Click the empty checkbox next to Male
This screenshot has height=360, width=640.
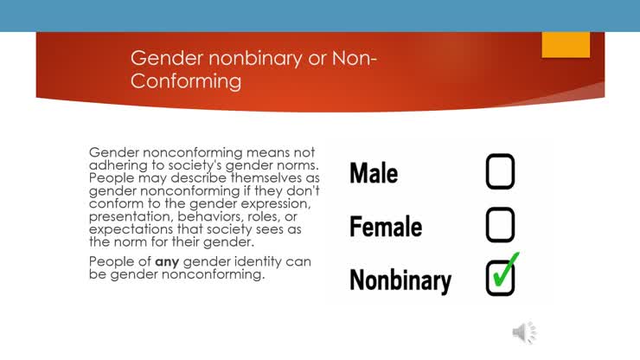pos(500,172)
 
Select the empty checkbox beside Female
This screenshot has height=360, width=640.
pos(500,225)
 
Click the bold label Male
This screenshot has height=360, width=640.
pos(374,173)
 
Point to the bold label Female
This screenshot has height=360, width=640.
pos(386,227)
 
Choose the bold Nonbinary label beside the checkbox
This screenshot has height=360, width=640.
pos(400,280)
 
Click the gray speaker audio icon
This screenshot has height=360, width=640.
pos(523,332)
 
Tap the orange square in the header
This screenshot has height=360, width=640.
pos(566,44)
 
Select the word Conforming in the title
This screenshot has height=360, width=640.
pos(186,81)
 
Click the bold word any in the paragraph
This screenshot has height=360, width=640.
pos(167,261)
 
